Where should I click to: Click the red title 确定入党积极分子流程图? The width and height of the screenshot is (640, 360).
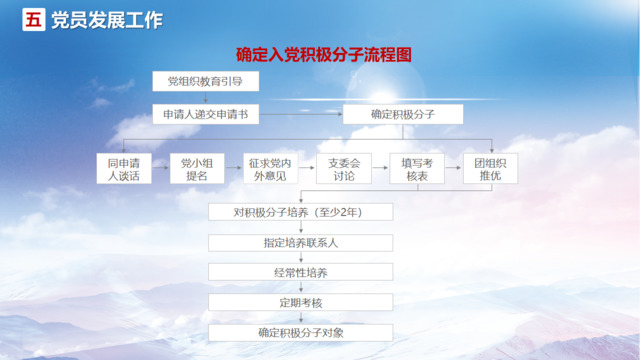tap(322, 55)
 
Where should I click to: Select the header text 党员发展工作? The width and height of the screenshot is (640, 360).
tap(105, 20)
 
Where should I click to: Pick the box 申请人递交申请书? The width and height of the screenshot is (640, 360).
tap(206, 114)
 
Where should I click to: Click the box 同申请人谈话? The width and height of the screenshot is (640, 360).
tap(124, 168)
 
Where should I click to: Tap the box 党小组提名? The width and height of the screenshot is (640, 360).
tap(197, 168)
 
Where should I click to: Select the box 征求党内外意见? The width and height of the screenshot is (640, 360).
tap(270, 168)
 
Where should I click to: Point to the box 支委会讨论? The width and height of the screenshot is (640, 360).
tap(343, 168)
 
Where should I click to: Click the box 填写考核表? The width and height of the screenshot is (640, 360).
tap(416, 168)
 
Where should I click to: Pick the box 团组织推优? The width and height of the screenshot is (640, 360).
tap(490, 168)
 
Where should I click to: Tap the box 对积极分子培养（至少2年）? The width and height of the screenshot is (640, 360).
tap(300, 212)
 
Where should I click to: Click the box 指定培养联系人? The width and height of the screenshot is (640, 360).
tap(300, 242)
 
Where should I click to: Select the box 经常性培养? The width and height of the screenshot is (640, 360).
tap(300, 272)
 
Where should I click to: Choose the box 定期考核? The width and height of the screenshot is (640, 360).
tap(300, 302)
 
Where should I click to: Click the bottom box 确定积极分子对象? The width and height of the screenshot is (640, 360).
tap(300, 332)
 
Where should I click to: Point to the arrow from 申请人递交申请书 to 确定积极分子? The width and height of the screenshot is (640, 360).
tap(301, 114)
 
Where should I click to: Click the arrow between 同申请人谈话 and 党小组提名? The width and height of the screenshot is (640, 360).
tap(160, 168)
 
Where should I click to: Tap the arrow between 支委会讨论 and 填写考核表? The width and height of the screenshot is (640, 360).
tap(380, 168)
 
